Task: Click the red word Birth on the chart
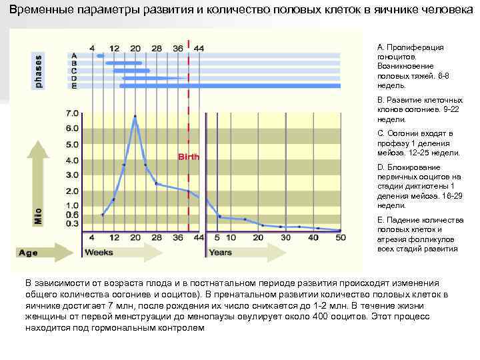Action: (188, 157)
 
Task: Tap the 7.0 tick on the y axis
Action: (71, 113)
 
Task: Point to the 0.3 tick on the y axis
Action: (71, 223)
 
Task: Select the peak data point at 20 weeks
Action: (135, 117)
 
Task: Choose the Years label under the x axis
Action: (221, 253)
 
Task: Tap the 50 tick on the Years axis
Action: (341, 237)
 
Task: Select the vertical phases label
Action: (38, 69)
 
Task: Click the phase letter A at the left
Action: (74, 55)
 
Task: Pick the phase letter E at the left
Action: (74, 86)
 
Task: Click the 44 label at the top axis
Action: (199, 47)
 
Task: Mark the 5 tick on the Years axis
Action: (216, 237)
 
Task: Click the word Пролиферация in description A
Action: (416, 48)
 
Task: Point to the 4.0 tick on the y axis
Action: (71, 160)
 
